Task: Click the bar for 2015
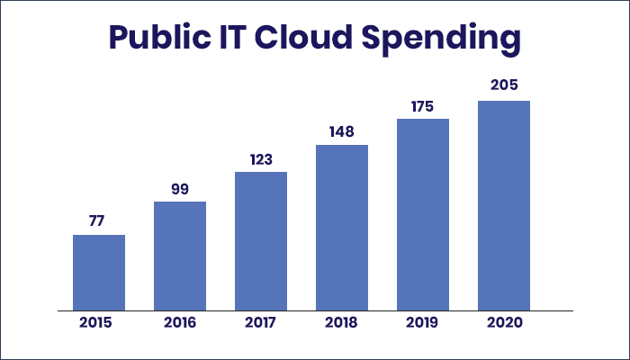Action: [x=99, y=273]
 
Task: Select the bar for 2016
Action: [x=180, y=256]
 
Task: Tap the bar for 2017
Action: [x=261, y=241]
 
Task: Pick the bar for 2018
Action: [x=342, y=228]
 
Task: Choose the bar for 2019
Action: [x=423, y=215]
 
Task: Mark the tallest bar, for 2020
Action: [x=504, y=206]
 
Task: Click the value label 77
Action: [x=99, y=221]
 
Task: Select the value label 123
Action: [x=261, y=158]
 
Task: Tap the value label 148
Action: [x=342, y=131]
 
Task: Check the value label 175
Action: [x=423, y=105]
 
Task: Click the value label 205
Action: [x=504, y=86]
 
